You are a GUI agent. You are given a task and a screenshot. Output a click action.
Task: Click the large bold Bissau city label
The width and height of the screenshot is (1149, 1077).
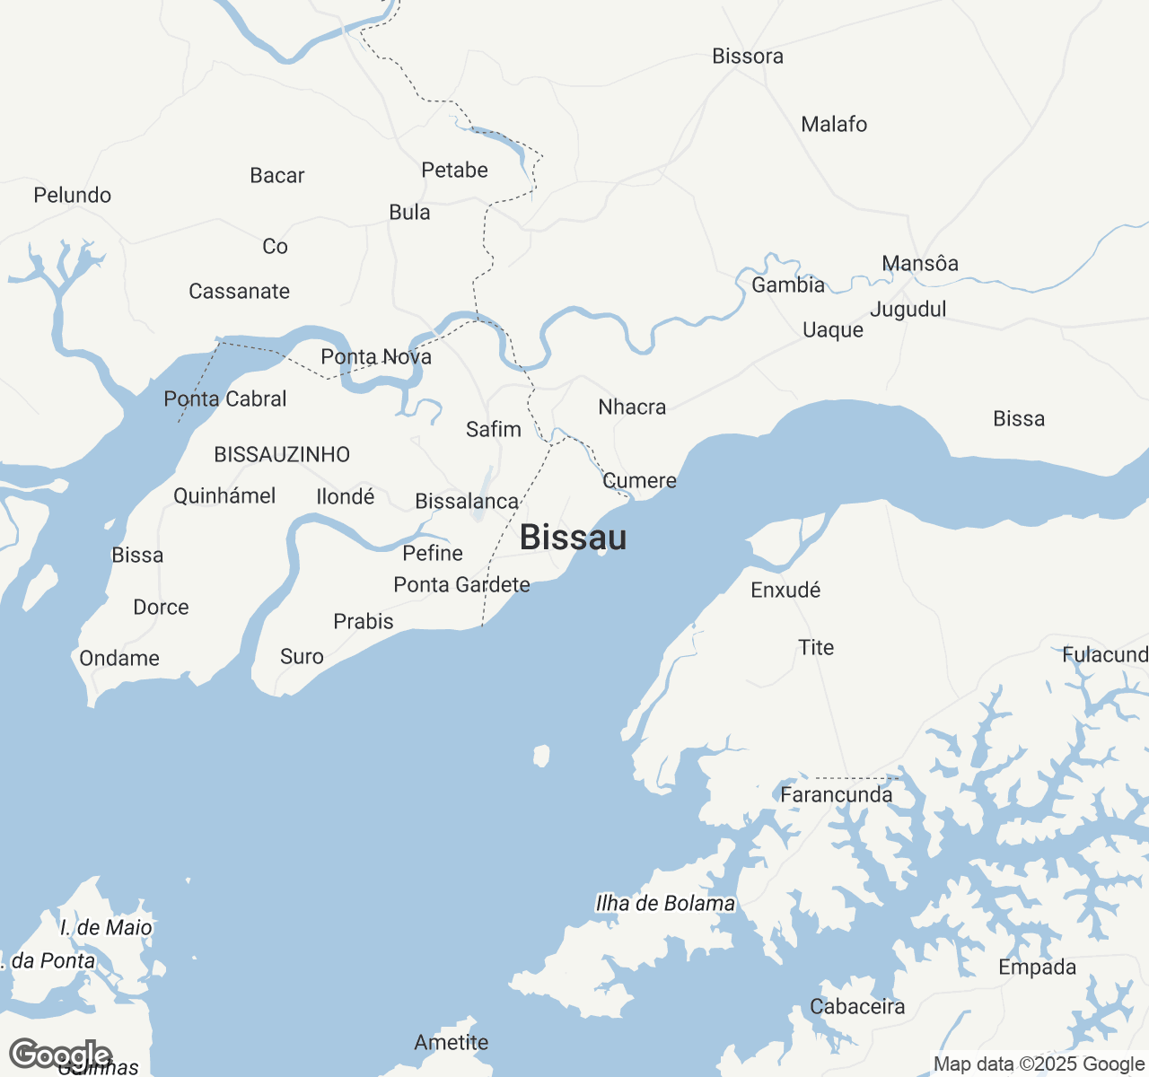(x=573, y=538)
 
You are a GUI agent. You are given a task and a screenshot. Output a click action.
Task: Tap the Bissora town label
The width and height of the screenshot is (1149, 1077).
(x=748, y=57)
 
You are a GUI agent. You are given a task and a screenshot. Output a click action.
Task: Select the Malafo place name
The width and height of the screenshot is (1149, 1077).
(x=834, y=125)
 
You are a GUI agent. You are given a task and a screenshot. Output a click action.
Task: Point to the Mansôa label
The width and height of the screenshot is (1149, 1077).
(x=920, y=264)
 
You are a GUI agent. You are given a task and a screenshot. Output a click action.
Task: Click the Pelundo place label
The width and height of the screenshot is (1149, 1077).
(x=73, y=196)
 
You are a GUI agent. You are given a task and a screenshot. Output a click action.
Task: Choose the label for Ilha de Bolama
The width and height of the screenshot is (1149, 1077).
(x=665, y=904)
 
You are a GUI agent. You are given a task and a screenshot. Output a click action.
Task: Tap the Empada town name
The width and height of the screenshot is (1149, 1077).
(x=1037, y=968)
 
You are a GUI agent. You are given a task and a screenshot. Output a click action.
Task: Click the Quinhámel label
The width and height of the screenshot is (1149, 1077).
(x=224, y=496)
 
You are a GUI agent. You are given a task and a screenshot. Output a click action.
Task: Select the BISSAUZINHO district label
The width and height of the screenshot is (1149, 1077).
(x=282, y=455)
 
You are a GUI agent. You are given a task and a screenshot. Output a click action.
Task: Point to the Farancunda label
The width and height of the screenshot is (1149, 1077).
(x=837, y=795)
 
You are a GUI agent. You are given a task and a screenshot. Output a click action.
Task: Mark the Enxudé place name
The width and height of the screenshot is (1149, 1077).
(x=785, y=591)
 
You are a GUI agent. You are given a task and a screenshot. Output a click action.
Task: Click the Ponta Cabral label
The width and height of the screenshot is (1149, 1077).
(x=225, y=399)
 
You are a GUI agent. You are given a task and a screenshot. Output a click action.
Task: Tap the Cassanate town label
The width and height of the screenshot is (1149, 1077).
(x=239, y=292)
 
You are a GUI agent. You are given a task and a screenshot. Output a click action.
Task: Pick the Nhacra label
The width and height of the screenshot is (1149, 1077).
(x=632, y=407)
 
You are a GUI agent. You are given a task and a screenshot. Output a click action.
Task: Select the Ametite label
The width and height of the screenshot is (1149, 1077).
(x=452, y=1043)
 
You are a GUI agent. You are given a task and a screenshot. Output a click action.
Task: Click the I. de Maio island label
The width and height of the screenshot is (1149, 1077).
(x=106, y=928)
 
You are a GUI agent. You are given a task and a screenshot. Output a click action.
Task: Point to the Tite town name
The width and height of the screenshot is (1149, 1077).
(x=816, y=648)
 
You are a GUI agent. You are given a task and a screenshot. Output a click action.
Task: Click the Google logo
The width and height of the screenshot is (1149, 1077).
(x=59, y=1055)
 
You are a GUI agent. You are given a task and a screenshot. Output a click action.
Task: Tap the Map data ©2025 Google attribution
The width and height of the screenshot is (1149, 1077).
(x=1039, y=1064)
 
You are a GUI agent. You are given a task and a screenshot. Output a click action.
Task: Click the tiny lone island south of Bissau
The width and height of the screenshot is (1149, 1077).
(x=541, y=756)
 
